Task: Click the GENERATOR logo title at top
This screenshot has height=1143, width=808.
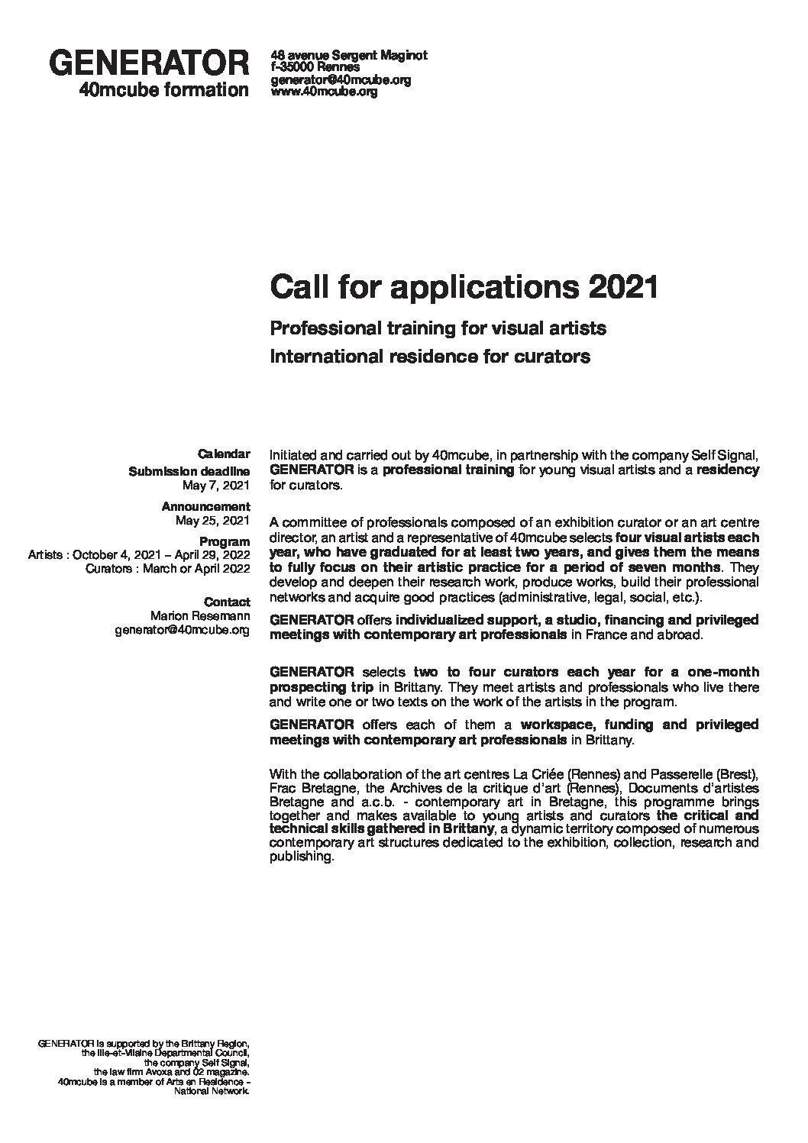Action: coord(150,63)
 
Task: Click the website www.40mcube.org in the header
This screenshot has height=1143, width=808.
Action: coord(325,92)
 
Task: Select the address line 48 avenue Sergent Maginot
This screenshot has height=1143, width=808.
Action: coord(349,56)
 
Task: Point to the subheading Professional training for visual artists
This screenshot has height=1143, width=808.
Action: coord(438,328)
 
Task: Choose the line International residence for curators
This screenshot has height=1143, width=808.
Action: coord(430,356)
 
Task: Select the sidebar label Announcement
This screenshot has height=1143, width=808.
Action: coord(205,506)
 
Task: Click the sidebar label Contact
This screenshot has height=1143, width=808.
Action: coord(227,602)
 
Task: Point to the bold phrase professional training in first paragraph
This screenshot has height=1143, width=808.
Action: coord(448,470)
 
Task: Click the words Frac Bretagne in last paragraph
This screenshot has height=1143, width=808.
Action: coord(303,787)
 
